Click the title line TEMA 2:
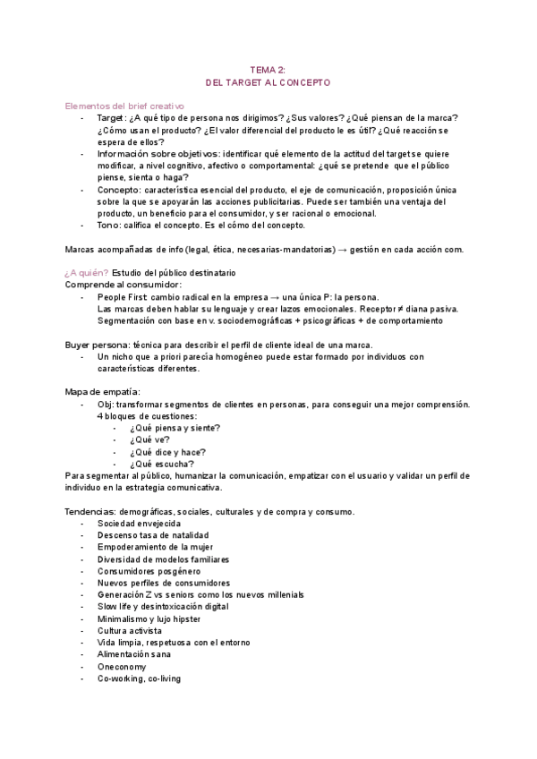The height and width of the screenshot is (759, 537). (x=268, y=69)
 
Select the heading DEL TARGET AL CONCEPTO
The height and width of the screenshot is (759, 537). (x=268, y=82)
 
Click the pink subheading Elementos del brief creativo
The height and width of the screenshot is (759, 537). (x=124, y=106)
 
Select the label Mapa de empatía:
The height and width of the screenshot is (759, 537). (x=103, y=392)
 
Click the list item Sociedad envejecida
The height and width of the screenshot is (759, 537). (x=139, y=523)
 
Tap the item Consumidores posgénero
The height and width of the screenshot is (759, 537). (x=149, y=571)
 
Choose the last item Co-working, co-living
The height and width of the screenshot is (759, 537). (x=139, y=678)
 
